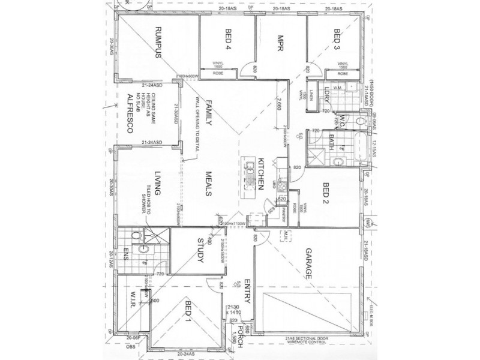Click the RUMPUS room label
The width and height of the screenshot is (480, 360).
(x=159, y=43)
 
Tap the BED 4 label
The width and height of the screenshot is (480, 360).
(x=229, y=39)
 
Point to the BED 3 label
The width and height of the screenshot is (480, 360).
(x=337, y=39)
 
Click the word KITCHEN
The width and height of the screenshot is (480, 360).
(x=261, y=175)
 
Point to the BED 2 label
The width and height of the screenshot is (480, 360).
(x=327, y=193)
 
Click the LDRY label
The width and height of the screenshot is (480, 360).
(x=328, y=94)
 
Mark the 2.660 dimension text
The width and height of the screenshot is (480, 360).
(x=279, y=106)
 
